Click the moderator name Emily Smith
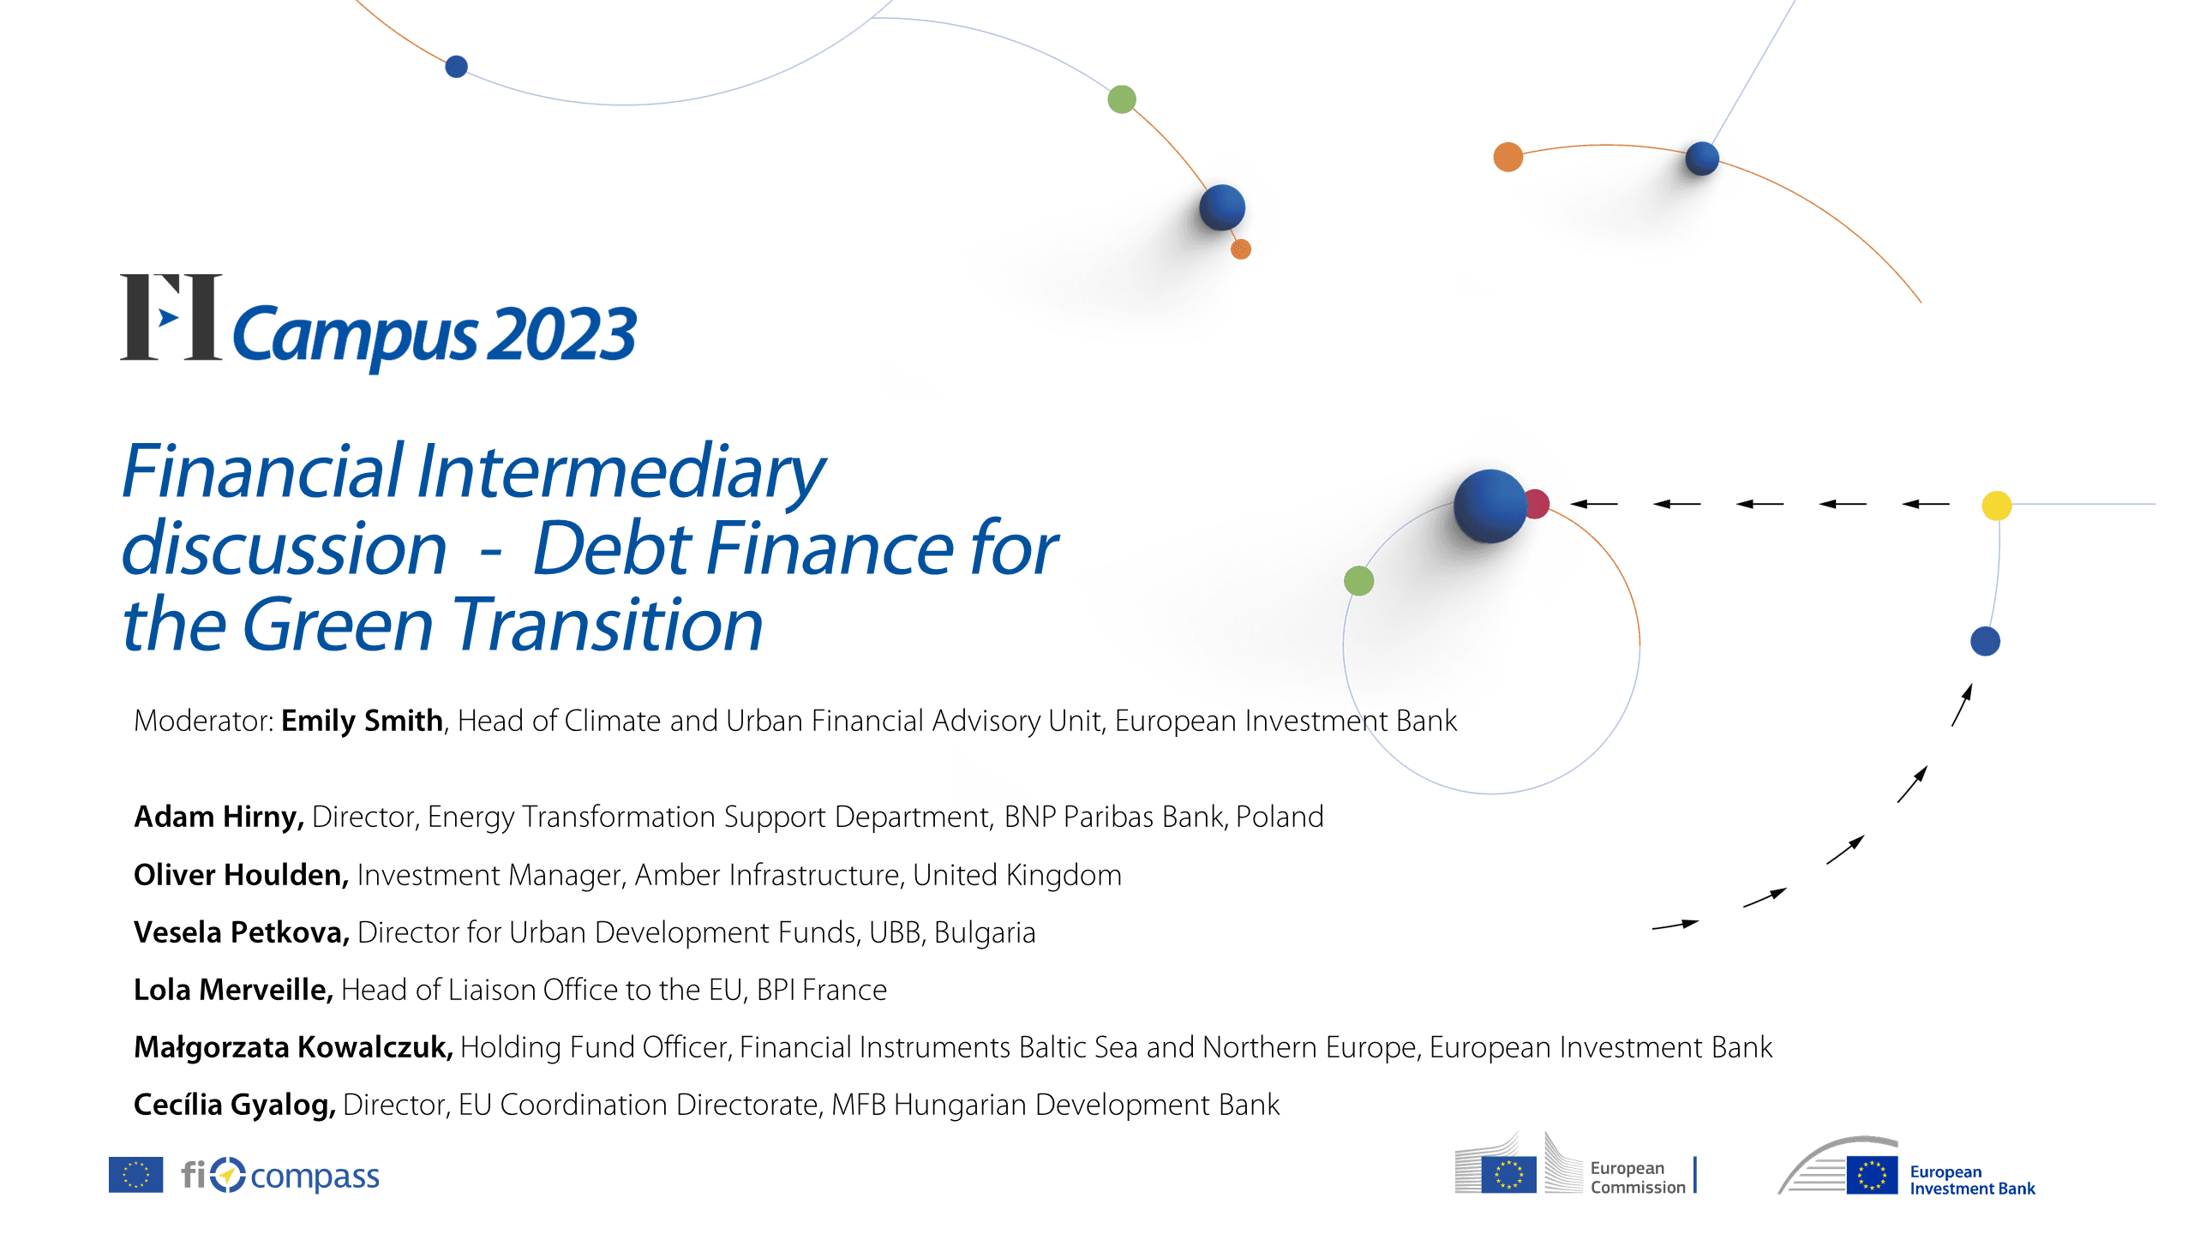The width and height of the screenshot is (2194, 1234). pos(362,721)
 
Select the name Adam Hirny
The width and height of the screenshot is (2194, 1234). pos(219,817)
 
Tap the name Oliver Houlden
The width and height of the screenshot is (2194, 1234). pos(241,875)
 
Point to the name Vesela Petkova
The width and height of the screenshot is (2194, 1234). pos(242,932)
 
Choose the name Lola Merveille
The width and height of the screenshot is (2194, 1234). pos(233,990)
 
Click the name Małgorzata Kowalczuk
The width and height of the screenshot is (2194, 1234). pos(293,1047)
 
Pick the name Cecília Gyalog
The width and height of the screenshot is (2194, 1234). pos(235,1105)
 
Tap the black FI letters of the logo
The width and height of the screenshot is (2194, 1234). pos(171,317)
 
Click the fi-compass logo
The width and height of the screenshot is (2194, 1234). pos(280,1176)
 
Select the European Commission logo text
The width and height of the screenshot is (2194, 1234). pos(1638,1177)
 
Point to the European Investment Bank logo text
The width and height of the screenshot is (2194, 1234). pos(1972,1180)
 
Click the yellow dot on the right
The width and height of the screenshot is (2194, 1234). pos(1997,506)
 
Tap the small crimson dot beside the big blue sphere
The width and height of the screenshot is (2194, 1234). pos(1537,504)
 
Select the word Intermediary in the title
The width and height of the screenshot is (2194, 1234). pos(621,472)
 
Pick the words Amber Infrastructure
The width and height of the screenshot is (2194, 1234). pos(768,875)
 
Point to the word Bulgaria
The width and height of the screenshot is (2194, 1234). pos(985,933)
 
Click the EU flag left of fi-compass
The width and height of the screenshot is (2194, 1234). pos(135,1175)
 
